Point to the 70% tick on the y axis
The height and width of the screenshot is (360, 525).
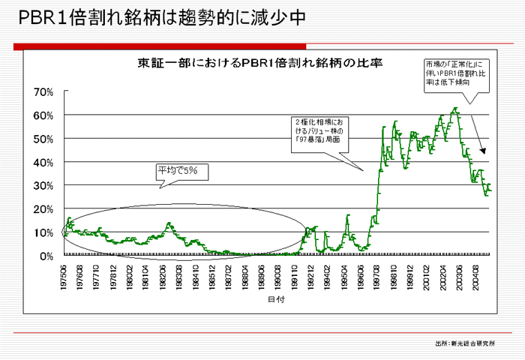tap(43, 92)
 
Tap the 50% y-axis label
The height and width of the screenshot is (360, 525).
tap(43, 139)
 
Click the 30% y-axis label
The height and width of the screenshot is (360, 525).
tap(43, 186)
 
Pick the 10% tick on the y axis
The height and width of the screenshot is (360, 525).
tap(43, 232)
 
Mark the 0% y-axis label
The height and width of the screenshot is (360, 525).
tap(46, 256)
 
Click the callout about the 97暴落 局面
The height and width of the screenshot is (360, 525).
tap(320, 130)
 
